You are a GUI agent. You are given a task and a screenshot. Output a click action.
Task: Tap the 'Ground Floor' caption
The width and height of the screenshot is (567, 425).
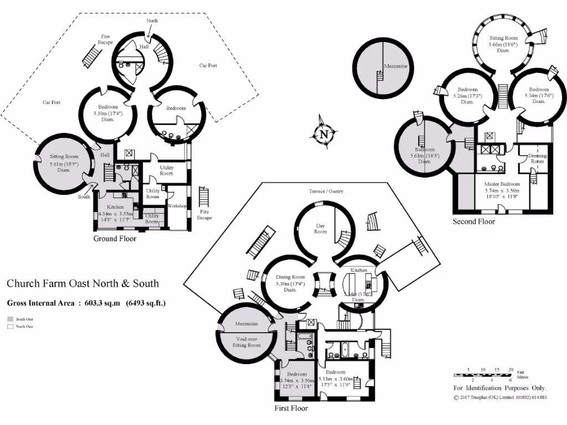coord(115,239)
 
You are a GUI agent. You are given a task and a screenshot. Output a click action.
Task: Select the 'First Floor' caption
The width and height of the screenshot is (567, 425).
coord(291,408)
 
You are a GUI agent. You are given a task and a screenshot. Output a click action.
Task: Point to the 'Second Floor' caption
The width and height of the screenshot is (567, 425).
coord(474,222)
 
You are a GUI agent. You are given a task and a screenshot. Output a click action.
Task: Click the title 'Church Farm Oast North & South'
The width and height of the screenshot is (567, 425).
coord(83,283)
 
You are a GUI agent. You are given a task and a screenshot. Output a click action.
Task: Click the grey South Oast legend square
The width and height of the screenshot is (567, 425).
coord(9,319)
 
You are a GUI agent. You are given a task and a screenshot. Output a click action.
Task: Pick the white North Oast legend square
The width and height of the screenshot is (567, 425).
coord(9,326)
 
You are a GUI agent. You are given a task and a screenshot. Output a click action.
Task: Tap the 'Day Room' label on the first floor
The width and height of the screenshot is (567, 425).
coord(320,229)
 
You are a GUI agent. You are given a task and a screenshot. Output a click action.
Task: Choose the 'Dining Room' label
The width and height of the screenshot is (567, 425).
coord(291,277)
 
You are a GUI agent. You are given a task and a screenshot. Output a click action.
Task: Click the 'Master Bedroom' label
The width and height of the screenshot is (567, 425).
coord(502,184)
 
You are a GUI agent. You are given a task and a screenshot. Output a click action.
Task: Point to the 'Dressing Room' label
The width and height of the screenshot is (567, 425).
coord(537,159)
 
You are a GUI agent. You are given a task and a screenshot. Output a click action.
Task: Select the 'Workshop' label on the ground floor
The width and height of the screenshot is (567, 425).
coord(177,206)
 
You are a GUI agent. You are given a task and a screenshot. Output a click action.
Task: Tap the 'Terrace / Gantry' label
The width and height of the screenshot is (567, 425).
coord(326,191)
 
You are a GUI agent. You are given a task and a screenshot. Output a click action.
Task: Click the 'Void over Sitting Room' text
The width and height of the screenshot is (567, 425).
coord(246,341)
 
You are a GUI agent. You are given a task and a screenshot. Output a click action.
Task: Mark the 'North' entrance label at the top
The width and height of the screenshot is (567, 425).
coord(152,20)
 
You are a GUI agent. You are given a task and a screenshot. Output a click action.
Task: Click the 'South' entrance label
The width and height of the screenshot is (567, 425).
coord(84,196)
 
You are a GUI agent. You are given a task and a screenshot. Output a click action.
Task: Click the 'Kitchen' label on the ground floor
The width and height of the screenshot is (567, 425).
coord(115,206)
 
